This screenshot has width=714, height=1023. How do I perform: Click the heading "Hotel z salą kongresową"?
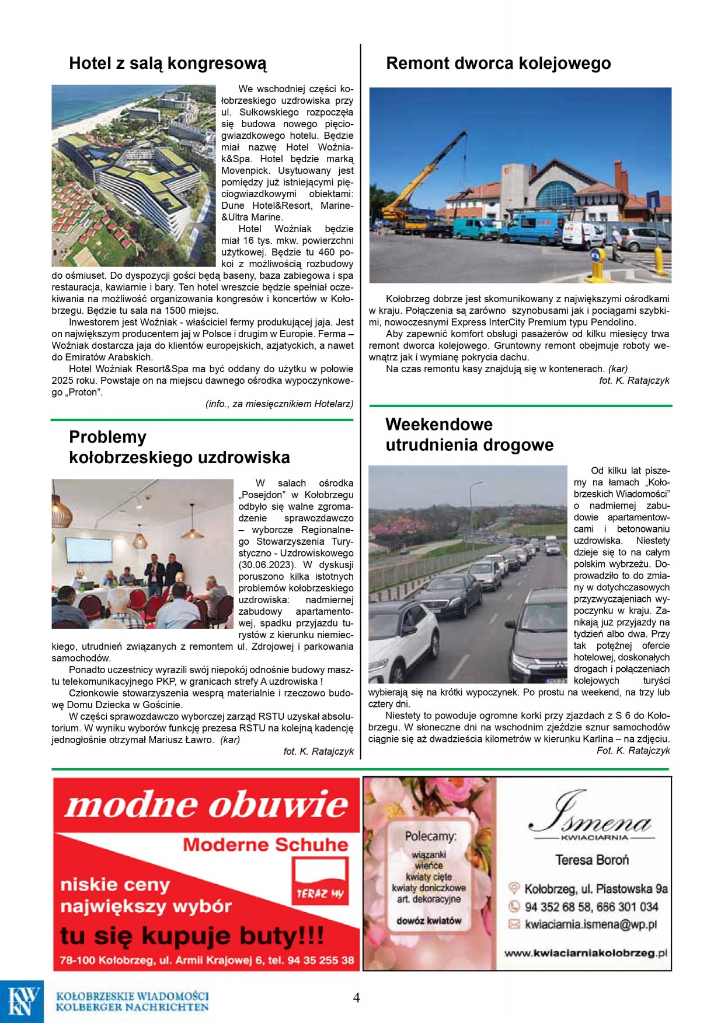pos(168,64)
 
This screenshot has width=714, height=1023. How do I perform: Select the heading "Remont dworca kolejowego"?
pos(498,64)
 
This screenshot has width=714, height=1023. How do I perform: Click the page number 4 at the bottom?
pos(356,997)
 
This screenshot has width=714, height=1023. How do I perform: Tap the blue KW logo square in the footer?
pos(22,1001)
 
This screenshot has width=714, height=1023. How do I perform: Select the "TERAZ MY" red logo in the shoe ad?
pos(321,881)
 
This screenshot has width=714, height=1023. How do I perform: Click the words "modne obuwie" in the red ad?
pos(207,805)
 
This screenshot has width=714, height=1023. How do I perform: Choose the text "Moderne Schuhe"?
pos(265,845)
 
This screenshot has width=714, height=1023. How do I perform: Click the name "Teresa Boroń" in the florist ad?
pos(591,860)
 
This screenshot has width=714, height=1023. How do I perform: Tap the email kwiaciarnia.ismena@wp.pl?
pos(590,924)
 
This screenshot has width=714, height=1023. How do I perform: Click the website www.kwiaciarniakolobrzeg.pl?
pos(585,953)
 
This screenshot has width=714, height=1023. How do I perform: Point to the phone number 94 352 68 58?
pos(558,907)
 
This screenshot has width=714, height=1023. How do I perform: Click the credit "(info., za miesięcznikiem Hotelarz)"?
pos(279,404)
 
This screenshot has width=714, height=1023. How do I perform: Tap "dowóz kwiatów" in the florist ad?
pos(429,921)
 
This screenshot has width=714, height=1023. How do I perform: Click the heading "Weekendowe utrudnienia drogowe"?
pos(469,435)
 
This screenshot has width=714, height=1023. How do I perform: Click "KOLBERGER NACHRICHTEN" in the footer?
pos(132,1007)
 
